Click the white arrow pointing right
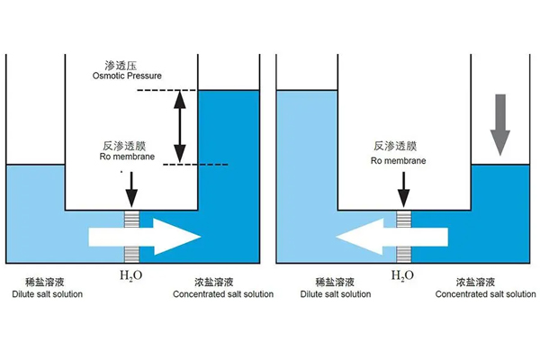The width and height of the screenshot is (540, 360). click(144, 237)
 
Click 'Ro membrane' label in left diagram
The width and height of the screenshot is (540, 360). click(122, 156)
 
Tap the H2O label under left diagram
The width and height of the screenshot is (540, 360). click(133, 275)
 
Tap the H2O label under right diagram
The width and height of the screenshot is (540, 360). click(401, 275)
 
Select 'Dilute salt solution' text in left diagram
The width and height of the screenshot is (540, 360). click(47, 294)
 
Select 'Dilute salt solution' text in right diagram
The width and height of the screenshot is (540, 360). click(335, 294)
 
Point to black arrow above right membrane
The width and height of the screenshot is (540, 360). click(403, 189)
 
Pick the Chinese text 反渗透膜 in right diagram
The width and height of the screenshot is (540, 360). click(393, 146)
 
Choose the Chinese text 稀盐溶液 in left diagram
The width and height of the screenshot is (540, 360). click(35, 281)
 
